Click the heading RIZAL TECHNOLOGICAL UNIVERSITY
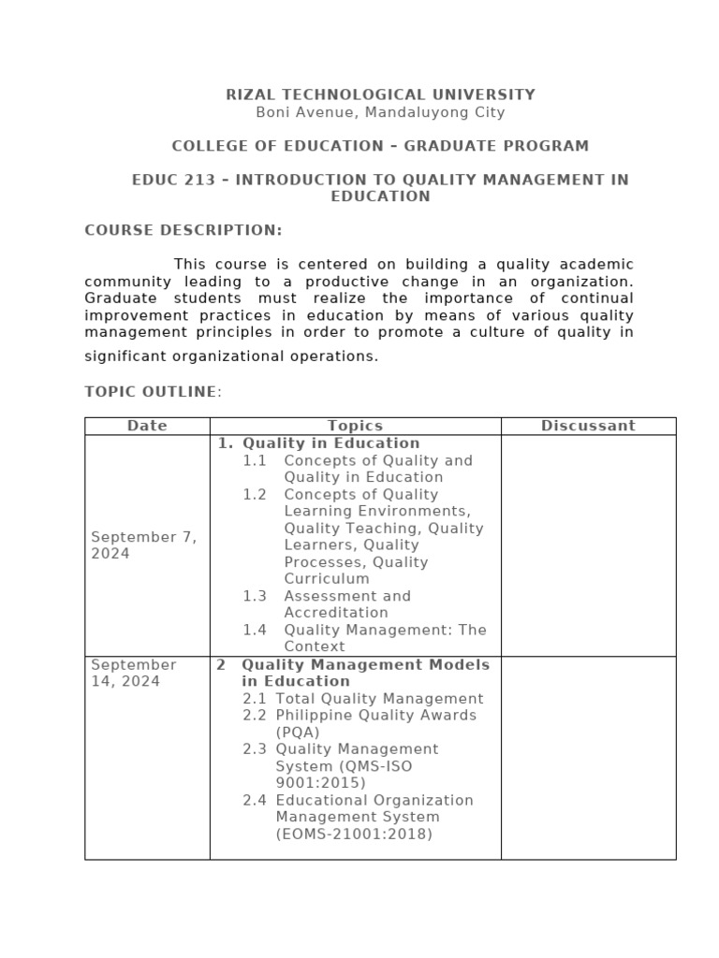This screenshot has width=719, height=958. [x=381, y=94]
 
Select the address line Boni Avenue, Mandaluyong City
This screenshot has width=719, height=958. [x=380, y=112]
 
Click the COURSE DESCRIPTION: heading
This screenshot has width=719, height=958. [x=183, y=230]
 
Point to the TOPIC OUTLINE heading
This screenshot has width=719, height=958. [x=151, y=391]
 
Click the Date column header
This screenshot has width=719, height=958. [x=147, y=426]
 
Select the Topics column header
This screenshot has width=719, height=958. [x=355, y=426]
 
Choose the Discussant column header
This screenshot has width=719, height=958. [x=588, y=426]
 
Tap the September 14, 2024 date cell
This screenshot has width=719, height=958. [x=134, y=673]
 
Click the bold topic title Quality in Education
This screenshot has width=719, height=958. [x=330, y=443]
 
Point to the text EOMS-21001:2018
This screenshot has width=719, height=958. [x=354, y=834]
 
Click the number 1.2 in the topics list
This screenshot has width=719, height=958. [x=255, y=494]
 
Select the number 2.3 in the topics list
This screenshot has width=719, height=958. [x=255, y=749]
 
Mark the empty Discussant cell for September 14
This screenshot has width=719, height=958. [x=588, y=758]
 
